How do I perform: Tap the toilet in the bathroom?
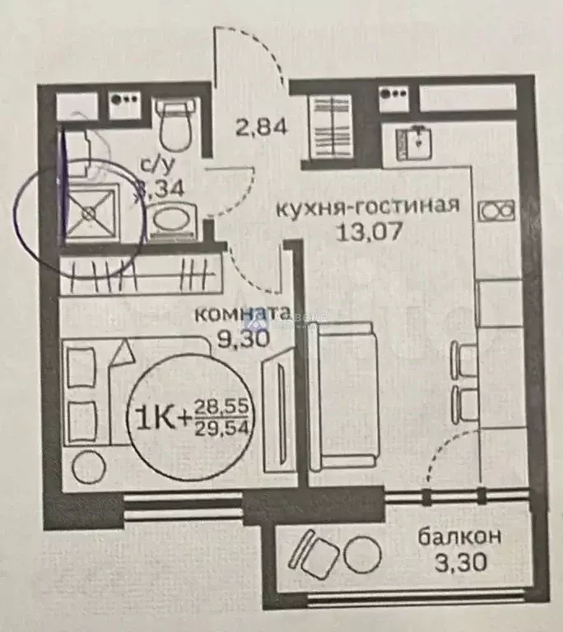coord(174,124)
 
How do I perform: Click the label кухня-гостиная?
coord(366,205)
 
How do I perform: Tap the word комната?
coord(241,314)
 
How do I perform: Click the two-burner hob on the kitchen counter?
coord(497,211)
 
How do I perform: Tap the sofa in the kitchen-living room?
coord(346,396)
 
